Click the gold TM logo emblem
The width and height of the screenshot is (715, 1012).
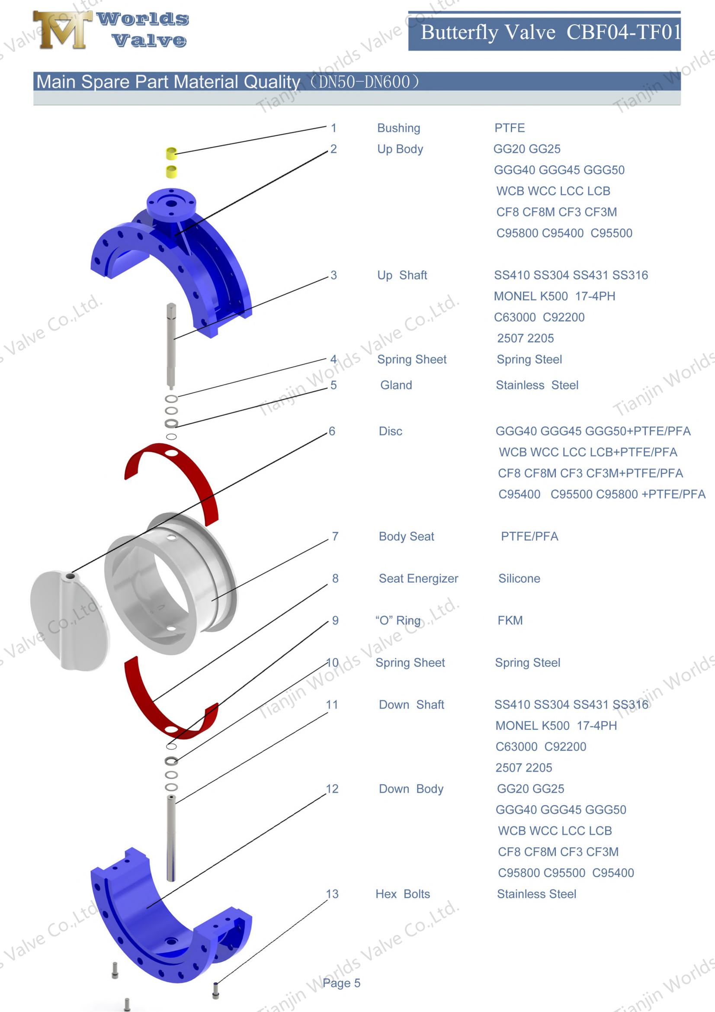62,29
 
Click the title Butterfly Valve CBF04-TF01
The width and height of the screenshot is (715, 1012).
550,32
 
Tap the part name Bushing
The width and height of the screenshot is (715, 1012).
398,128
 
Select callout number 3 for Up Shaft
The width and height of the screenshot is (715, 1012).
333,275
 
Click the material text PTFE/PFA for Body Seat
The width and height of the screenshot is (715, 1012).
529,537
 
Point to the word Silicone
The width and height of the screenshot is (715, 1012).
519,578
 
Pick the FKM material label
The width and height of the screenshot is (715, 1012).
510,620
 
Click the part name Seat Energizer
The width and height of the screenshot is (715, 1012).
418,578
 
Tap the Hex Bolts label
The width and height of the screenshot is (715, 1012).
402,894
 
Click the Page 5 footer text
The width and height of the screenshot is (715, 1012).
341,983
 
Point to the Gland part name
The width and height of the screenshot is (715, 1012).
396,385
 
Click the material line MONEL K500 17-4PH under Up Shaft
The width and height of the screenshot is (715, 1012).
554,296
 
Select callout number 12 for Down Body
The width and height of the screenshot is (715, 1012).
332,789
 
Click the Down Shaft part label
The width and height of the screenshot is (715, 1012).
411,704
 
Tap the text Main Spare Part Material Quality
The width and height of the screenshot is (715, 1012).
167,82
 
